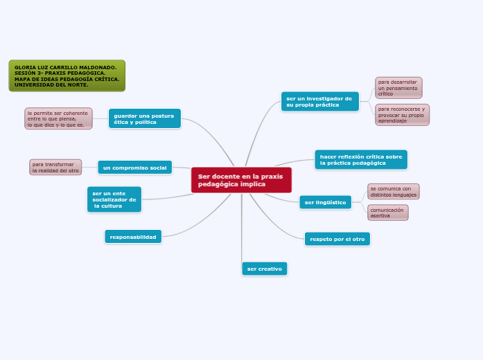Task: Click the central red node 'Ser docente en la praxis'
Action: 241,180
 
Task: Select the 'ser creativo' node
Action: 264,269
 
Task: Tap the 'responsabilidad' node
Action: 133,237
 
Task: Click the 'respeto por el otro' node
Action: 337,239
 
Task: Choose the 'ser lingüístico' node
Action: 325,202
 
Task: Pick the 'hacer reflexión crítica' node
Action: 360,160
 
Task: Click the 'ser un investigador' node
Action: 319,102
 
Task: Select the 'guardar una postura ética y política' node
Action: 144,118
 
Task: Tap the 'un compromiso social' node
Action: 134,168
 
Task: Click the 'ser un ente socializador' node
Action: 114,199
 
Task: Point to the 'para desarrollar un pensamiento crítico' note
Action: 398,88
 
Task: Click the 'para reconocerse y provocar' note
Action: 402,115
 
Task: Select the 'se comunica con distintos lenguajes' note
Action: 393,191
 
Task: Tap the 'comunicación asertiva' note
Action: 387,213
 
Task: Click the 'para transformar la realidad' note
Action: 55,168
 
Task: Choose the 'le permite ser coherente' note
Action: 58,118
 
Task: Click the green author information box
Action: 67,75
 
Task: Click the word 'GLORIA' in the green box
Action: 25,67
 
